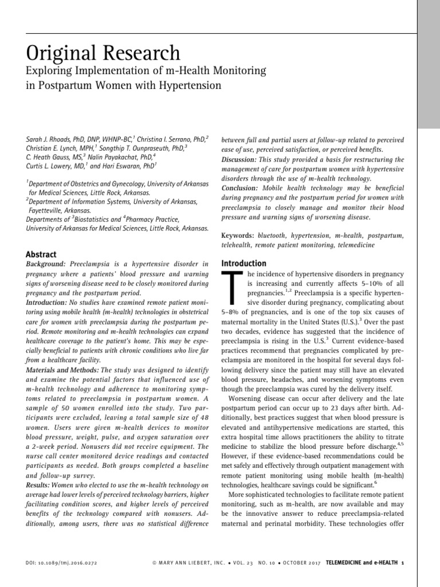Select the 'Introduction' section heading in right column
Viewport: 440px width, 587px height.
243,263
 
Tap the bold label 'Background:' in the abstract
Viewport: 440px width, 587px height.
46,263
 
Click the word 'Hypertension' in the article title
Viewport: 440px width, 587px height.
187,86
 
